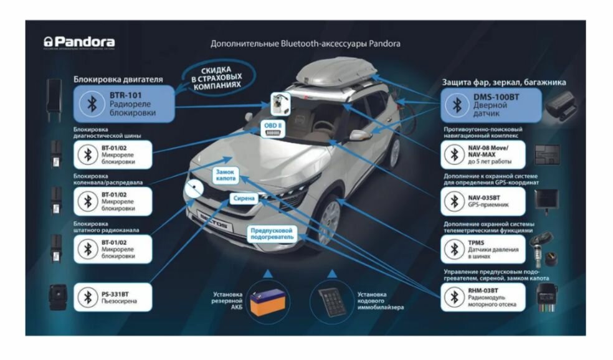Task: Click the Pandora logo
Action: [x=79, y=42]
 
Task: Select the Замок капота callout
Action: [x=225, y=175]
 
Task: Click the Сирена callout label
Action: [x=244, y=199]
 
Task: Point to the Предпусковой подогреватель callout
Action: [x=272, y=233]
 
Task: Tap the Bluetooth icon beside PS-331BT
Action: [x=87, y=296]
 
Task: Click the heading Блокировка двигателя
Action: [x=118, y=79]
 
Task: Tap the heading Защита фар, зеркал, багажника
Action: [x=504, y=82]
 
